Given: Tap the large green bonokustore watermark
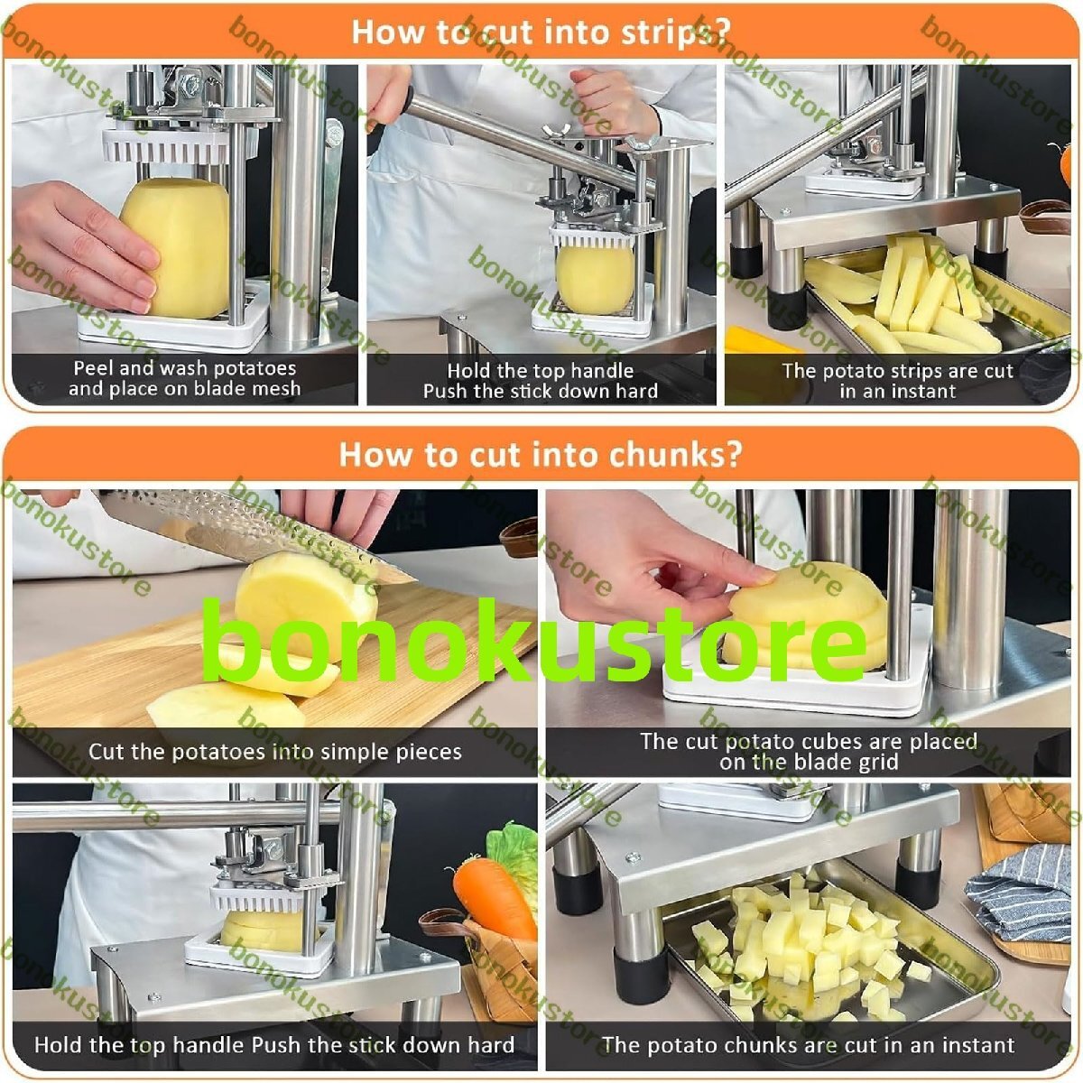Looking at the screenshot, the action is (x=534, y=641).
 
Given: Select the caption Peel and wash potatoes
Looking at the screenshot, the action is (x=185, y=368).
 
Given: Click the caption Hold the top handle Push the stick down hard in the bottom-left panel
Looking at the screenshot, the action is (x=274, y=1045).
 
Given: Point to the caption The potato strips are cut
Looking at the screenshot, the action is (x=897, y=370).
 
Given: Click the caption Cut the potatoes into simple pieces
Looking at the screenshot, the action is (x=275, y=752).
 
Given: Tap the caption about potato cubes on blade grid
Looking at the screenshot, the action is (x=809, y=752).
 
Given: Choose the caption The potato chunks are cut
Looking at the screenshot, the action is (x=809, y=1045).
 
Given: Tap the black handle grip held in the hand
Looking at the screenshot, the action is (x=393, y=113).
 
